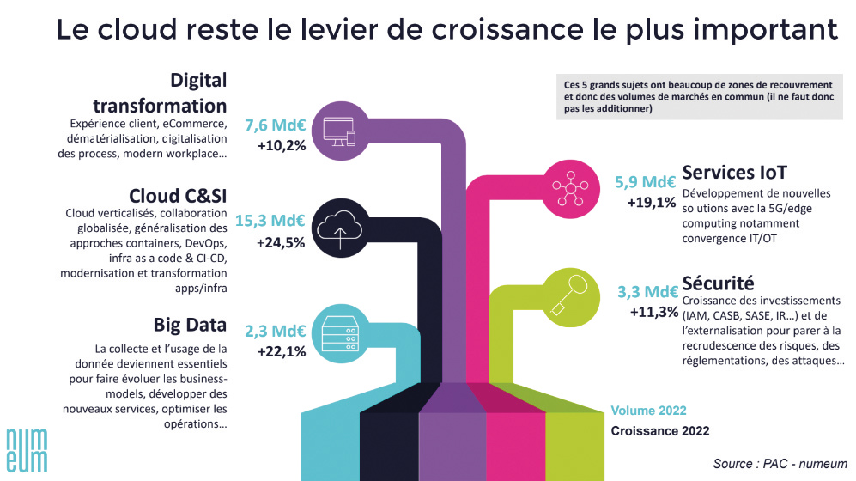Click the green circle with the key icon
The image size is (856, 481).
(x=568, y=289)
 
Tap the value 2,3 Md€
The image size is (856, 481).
(x=276, y=331)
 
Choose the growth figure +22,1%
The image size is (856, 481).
(x=282, y=351)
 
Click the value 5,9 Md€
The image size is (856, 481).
(x=645, y=182)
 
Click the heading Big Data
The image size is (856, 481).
(x=190, y=325)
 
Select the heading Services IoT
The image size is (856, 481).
(x=735, y=171)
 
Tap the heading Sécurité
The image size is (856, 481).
(x=718, y=282)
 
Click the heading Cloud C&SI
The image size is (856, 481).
(x=178, y=194)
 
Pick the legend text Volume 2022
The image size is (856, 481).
(x=648, y=411)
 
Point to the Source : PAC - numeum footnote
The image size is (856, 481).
(x=780, y=464)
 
